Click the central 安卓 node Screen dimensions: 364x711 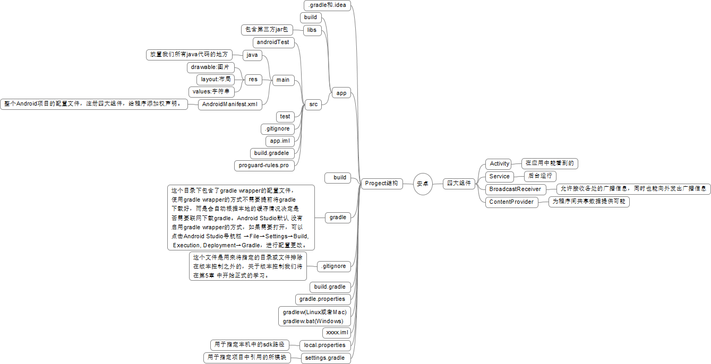(x=423, y=184)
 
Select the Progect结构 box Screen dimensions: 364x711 (x=381, y=184)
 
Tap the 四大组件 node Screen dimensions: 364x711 (x=459, y=184)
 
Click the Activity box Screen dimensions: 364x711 (x=499, y=164)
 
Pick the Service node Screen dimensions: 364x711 (x=499, y=177)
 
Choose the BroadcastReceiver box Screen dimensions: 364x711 (x=515, y=189)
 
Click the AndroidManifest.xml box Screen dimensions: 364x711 (x=230, y=105)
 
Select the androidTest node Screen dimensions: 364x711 (x=273, y=42)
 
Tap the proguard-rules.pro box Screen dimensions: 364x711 (x=264, y=166)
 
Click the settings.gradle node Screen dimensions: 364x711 (x=324, y=358)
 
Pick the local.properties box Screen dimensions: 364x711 (x=324, y=345)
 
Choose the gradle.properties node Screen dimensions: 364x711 (x=322, y=299)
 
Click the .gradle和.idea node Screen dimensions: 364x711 (x=327, y=5)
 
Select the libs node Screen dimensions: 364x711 (x=312, y=30)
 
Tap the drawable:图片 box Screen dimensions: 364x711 (x=210, y=67)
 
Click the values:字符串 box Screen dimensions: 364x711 (x=211, y=92)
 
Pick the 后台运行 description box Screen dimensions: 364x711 (x=540, y=177)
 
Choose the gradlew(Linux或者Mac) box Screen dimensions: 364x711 (x=314, y=313)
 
